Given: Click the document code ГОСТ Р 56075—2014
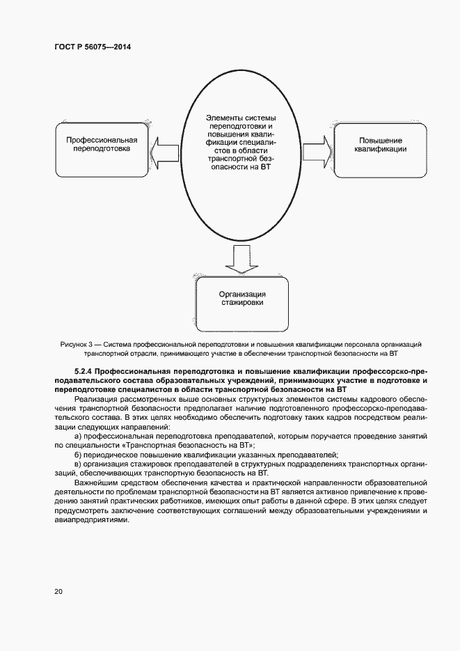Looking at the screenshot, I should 93,47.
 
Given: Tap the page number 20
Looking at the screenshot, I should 58,591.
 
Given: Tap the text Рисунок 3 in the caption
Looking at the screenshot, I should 77,345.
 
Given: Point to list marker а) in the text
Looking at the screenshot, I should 78,436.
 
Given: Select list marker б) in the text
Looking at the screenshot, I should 78,454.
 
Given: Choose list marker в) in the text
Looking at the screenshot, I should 78,463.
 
